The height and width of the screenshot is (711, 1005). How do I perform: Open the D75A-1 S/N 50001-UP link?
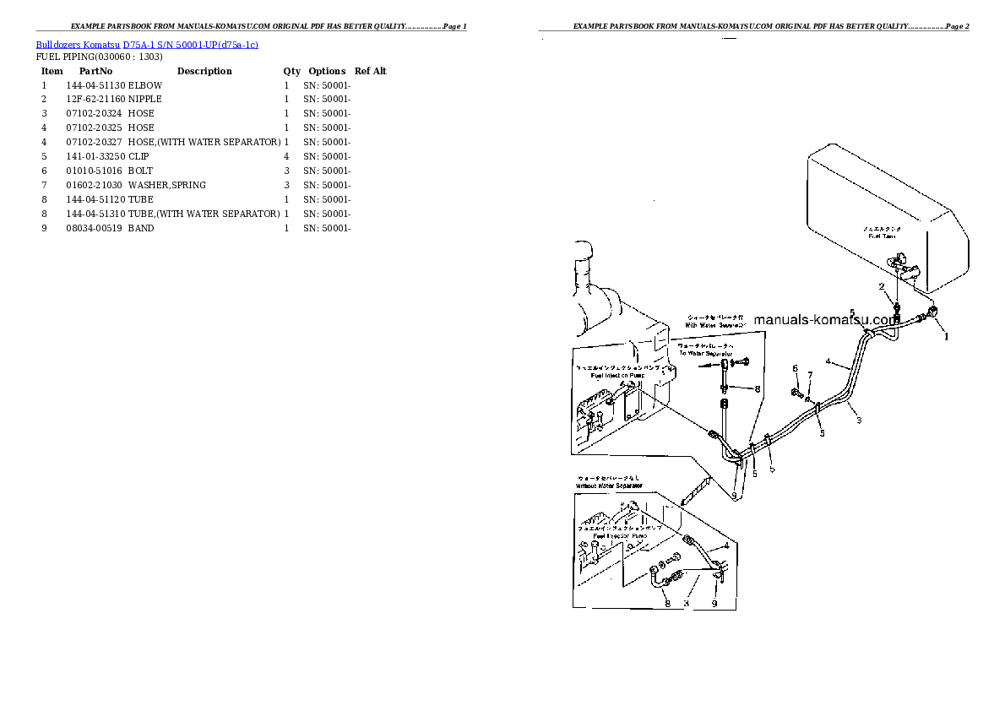click(190, 44)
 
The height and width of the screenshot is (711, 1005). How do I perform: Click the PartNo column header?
click(95, 72)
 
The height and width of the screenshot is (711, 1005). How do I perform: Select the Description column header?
click(204, 72)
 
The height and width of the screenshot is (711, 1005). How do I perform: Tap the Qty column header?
click(291, 72)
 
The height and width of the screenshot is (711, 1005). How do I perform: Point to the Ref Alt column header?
click(371, 72)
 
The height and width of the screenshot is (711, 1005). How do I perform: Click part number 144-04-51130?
click(95, 86)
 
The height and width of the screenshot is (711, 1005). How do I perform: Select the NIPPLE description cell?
click(145, 100)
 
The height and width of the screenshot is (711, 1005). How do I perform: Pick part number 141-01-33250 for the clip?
click(95, 157)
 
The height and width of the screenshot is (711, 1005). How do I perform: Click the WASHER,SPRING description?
click(167, 185)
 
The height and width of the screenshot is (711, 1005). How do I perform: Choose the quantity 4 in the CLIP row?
click(286, 157)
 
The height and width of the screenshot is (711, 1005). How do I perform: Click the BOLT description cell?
click(141, 171)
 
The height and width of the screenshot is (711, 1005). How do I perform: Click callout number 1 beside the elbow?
click(946, 336)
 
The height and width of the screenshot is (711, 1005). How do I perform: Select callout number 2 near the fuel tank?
click(881, 287)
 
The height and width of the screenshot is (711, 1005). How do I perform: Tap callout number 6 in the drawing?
click(795, 369)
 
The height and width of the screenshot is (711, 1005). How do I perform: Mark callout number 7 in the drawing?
click(810, 375)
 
